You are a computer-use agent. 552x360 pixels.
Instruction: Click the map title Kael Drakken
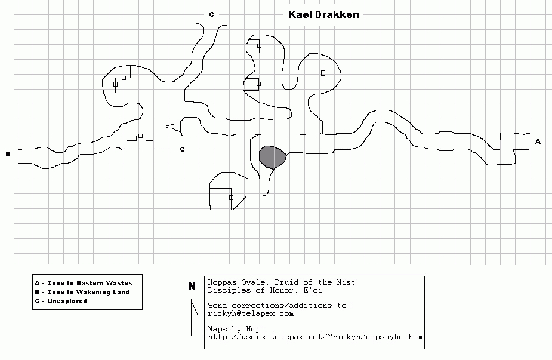(x=323, y=14)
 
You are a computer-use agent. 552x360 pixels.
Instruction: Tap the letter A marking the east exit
(x=538, y=141)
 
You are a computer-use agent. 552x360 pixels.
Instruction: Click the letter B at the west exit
(x=8, y=154)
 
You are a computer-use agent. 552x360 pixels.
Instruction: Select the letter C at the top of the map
(x=212, y=14)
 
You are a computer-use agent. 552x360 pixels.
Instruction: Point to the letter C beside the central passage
(x=183, y=149)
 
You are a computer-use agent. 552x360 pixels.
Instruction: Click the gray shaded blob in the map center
(x=273, y=157)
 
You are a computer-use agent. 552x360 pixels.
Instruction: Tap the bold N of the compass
(x=192, y=286)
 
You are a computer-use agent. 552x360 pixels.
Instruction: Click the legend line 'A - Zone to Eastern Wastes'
(x=84, y=283)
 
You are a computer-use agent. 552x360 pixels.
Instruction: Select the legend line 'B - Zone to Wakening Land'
(x=82, y=292)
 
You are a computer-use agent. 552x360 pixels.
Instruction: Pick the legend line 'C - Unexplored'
(x=61, y=301)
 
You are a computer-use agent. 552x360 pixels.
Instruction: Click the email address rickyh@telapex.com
(x=251, y=313)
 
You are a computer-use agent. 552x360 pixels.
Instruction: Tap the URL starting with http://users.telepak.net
(x=315, y=337)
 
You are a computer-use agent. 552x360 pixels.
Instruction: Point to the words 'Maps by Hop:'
(x=236, y=329)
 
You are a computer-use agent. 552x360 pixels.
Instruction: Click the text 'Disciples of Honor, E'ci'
(x=265, y=290)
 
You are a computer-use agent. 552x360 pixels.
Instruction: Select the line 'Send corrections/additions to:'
(x=279, y=306)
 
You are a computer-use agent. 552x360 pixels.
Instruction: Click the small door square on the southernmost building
(x=232, y=198)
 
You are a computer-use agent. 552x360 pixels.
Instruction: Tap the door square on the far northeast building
(x=323, y=73)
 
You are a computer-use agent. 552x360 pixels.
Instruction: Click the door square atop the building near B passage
(x=140, y=136)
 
